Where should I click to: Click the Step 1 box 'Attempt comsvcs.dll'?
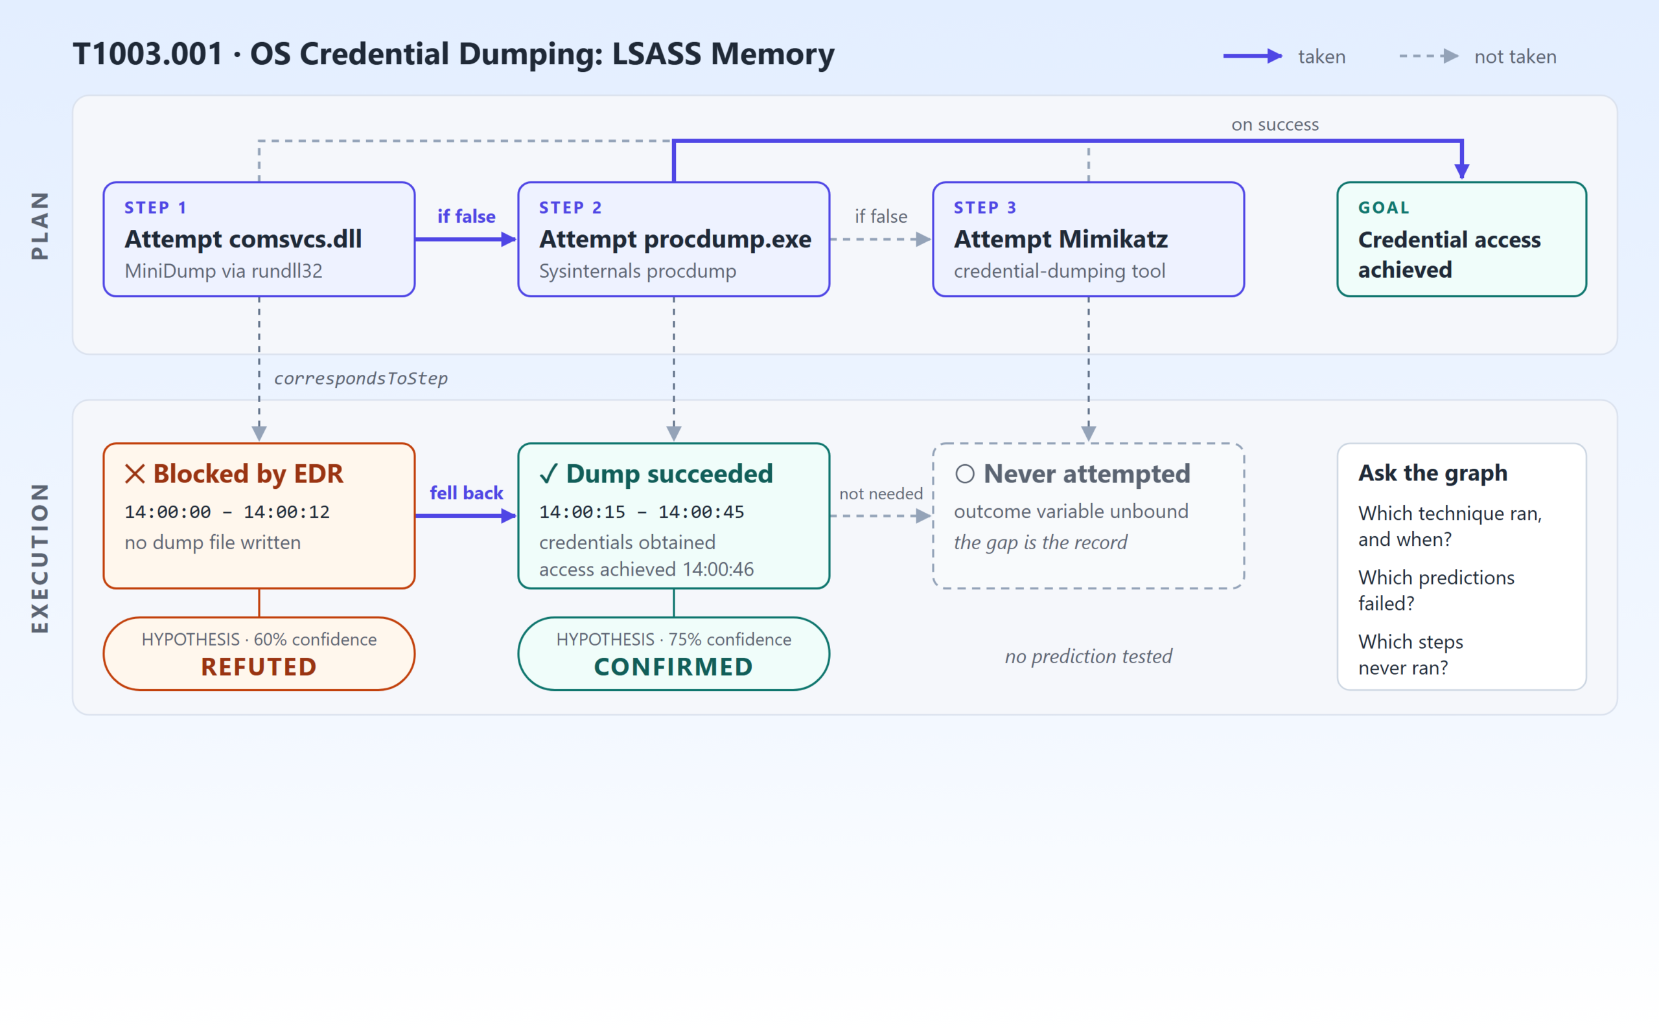[259, 239]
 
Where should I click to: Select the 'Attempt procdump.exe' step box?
[674, 239]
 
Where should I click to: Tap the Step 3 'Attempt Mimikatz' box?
[1089, 239]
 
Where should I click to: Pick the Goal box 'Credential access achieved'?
[1461, 239]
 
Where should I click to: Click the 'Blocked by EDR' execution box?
[259, 516]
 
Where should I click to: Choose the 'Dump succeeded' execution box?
[674, 516]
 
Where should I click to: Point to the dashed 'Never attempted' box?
[1089, 516]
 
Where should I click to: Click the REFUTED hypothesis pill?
[259, 654]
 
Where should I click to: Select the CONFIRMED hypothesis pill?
[674, 654]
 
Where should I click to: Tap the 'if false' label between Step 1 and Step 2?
[466, 216]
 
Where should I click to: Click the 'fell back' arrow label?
[466, 493]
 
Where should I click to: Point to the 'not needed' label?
[881, 493]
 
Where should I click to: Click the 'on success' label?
[1275, 125]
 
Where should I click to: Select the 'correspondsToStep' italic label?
[360, 378]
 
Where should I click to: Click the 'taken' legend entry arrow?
[1253, 56]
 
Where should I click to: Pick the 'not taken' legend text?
[1516, 57]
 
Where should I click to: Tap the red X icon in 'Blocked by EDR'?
[135, 473]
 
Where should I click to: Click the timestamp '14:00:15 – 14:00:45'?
[642, 512]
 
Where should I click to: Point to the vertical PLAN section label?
[40, 225]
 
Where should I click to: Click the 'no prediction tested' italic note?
[1089, 657]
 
